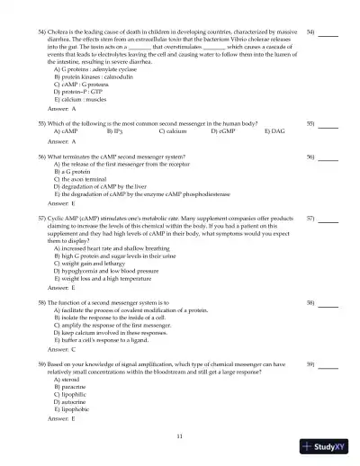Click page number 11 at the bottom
pyautogui.click(x=180, y=435)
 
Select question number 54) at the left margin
pyautogui.click(x=41, y=31)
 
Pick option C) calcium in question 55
pyautogui.click(x=173, y=130)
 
